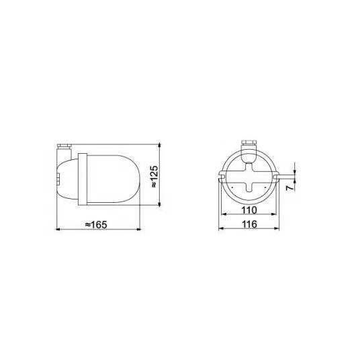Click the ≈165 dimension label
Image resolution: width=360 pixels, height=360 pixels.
click(96, 224)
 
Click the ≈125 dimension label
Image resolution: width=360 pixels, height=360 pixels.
click(154, 177)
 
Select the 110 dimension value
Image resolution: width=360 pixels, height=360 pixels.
click(249, 210)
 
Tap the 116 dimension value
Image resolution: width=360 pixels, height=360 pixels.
click(249, 224)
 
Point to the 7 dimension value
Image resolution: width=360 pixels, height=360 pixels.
click(290, 187)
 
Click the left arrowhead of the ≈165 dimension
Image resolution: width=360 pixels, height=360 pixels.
click(58, 229)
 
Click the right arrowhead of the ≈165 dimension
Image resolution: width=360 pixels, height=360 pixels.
click(138, 229)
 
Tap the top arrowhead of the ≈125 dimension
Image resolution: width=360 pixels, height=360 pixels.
click(160, 145)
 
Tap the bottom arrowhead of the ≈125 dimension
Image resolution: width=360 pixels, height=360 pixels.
click(160, 204)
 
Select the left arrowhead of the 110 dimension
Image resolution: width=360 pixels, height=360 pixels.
click(223, 214)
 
